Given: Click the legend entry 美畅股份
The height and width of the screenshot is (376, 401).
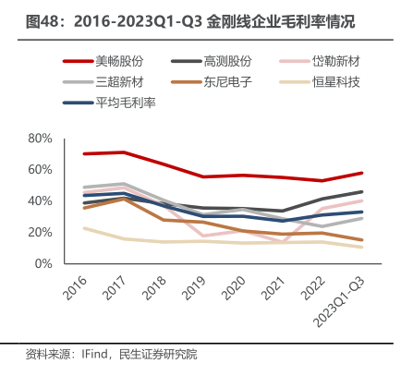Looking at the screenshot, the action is tap(103, 61).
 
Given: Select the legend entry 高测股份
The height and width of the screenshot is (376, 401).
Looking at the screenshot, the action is tap(212, 61).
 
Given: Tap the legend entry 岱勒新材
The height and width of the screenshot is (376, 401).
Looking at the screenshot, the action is tap(320, 61).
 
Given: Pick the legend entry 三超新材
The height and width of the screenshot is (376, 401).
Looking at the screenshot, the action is tap(103, 82).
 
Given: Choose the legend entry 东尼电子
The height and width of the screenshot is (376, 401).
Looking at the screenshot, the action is tap(212, 82).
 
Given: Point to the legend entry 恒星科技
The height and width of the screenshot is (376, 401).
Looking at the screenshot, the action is tap(320, 82).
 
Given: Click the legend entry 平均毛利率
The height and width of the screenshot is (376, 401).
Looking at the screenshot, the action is tap(109, 103).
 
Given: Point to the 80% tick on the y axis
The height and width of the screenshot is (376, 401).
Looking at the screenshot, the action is tap(40, 139).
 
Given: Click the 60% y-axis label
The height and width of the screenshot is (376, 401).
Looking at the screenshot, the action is tap(40, 170).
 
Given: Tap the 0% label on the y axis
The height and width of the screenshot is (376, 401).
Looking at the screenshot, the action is tap(43, 263).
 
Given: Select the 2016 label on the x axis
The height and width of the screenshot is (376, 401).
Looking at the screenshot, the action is tap(75, 287).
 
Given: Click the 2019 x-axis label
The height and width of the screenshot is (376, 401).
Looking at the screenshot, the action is tap(193, 287).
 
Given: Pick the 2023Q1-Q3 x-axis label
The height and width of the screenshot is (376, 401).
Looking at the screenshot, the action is tap(338, 301).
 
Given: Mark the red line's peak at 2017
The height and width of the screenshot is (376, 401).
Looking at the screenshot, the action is tap(124, 152).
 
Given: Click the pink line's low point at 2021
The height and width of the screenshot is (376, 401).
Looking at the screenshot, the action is tap(283, 241).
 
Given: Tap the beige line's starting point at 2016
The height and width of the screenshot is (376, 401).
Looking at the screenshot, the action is tap(84, 228).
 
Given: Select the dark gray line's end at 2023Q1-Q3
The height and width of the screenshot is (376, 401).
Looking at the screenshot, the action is tap(361, 192).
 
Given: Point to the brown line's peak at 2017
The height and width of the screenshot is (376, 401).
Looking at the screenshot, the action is tap(124, 199).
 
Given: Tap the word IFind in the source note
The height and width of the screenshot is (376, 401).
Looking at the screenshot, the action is tap(94, 354).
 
